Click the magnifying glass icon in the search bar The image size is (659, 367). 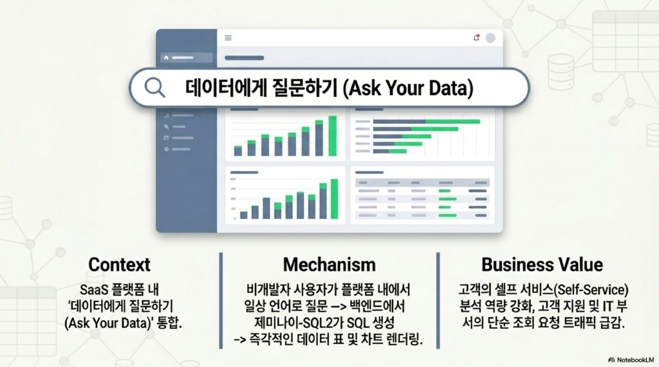pyautogui.click(x=154, y=88)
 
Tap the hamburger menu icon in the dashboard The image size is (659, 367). pyautogui.click(x=228, y=38)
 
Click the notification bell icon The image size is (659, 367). pyautogui.click(x=476, y=38)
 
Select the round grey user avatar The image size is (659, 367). pyautogui.click(x=490, y=38)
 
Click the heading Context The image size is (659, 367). pyautogui.click(x=119, y=265)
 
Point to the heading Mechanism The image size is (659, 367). pyautogui.click(x=329, y=265)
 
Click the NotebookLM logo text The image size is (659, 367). pyautogui.click(x=635, y=360)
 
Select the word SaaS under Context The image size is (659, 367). pyautogui.click(x=94, y=290)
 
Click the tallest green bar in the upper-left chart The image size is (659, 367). pyautogui.click(x=333, y=136)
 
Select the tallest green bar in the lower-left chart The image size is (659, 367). pyautogui.click(x=334, y=199)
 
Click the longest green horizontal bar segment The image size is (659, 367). pyautogui.click(x=452, y=121)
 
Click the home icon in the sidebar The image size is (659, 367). pyautogui.click(x=167, y=58)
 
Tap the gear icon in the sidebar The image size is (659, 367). pyautogui.click(x=167, y=149)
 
